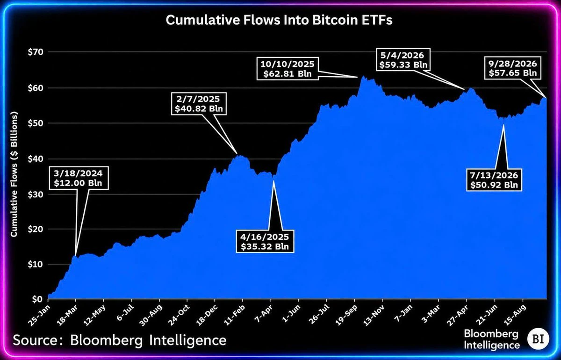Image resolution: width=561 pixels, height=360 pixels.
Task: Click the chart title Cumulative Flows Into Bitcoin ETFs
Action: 279,20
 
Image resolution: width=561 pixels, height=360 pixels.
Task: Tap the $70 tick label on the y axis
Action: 36,52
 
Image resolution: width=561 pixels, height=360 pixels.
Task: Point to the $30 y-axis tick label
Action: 36,194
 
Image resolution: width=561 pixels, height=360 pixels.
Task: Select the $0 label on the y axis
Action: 37,299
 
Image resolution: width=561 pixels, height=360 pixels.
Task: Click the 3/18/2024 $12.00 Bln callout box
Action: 78,178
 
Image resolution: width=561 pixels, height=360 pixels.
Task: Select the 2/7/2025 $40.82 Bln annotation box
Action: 199,104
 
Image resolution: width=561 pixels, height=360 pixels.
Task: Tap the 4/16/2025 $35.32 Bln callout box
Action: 265,241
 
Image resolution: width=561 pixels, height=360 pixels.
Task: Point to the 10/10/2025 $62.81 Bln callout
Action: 288,69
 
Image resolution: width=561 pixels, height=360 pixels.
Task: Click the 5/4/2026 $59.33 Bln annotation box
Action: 403,60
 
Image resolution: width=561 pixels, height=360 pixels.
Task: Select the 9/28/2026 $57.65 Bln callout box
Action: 513,68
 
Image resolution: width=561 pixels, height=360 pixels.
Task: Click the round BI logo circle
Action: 538,339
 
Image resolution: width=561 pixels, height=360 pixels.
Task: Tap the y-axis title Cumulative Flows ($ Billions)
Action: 14,174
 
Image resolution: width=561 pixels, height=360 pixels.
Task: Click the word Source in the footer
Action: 36,340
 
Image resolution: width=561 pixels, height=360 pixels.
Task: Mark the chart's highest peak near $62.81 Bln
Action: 363,76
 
